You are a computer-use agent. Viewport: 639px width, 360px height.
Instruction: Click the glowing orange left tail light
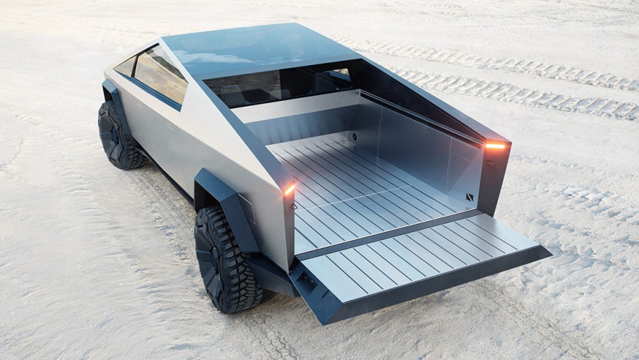[289, 189]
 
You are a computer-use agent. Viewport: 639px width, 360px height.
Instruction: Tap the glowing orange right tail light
[495, 145]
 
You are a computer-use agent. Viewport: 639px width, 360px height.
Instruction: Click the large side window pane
[161, 74]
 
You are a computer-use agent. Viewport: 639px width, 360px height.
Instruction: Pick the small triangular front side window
[126, 66]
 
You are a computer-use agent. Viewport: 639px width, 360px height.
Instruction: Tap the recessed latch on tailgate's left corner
[305, 280]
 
